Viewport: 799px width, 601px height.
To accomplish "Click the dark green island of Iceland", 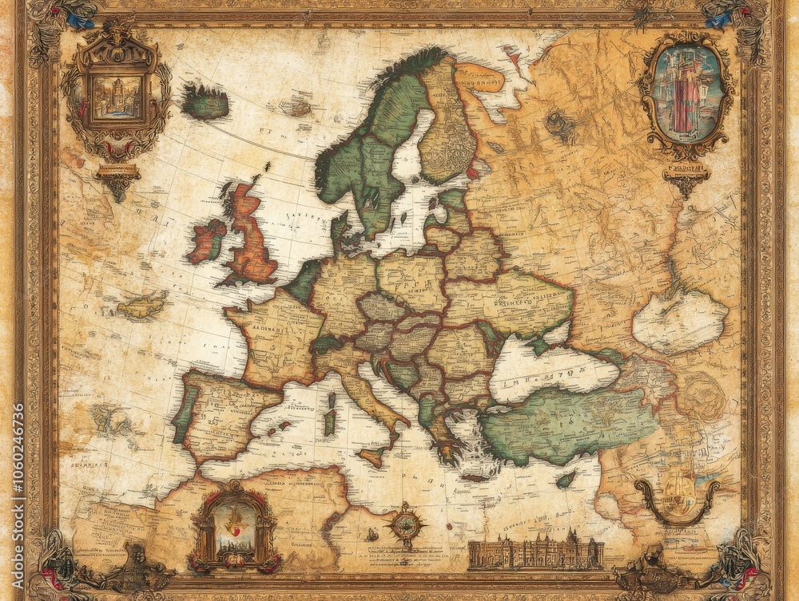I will coord(205,103).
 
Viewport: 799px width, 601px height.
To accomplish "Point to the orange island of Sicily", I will coord(370,457).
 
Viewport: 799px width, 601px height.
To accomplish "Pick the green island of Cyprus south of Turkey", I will coord(566,479).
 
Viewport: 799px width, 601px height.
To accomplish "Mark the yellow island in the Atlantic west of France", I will coord(142,305).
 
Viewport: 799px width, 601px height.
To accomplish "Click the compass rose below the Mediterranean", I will coord(406,524).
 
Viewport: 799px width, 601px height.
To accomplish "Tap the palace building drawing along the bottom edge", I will coord(535,551).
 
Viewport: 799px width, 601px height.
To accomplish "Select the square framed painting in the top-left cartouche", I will coord(117,97).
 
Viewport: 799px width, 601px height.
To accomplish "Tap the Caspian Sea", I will coord(679,319).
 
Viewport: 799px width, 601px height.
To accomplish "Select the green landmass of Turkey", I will coord(567,423).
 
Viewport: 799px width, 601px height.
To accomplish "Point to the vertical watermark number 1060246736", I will coord(18,495).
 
